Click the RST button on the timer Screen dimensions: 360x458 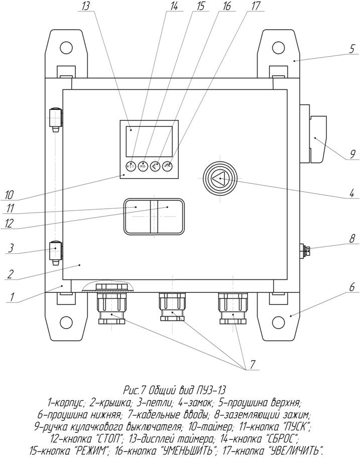pyautogui.click(x=131, y=166)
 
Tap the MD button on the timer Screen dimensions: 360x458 pyautogui.click(x=143, y=166)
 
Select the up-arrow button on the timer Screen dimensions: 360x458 pyautogui.click(x=167, y=166)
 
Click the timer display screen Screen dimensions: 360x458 pyautogui.click(x=149, y=141)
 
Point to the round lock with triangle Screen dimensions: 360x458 pyautogui.click(x=219, y=178)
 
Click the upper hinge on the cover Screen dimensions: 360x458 pyautogui.click(x=56, y=119)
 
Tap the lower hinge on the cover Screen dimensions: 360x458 pyautogui.click(x=56, y=253)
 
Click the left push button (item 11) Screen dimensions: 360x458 pyautogui.click(x=138, y=216)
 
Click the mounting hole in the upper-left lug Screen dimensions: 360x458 pyautogui.click(x=66, y=47)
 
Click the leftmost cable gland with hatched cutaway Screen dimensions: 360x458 pyautogui.click(x=111, y=305)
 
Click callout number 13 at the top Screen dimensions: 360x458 pyautogui.click(x=86, y=6)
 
